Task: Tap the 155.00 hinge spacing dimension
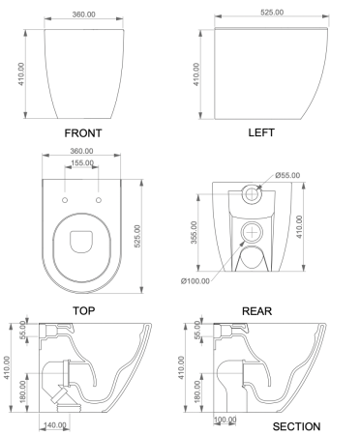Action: click(81, 163)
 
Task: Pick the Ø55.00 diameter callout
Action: click(290, 175)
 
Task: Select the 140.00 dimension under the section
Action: click(55, 423)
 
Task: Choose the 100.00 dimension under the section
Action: click(225, 419)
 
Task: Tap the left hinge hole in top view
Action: click(65, 199)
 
